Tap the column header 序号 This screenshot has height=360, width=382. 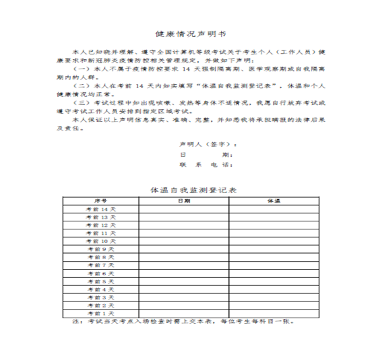100,201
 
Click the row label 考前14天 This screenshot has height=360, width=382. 100,209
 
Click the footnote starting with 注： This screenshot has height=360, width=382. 182,322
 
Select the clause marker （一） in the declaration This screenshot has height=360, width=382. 81,69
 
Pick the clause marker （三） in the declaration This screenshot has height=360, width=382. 81,103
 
